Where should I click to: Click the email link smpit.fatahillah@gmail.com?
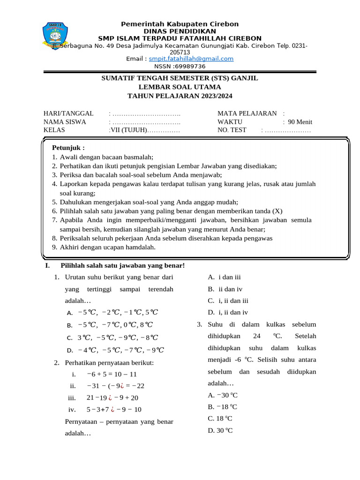(191, 59)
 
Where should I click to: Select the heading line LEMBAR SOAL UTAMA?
(180, 87)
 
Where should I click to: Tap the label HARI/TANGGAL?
(68, 113)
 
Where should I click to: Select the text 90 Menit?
(300, 122)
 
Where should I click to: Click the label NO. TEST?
(232, 130)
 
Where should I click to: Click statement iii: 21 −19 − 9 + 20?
(112, 397)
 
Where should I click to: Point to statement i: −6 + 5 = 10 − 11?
(112, 374)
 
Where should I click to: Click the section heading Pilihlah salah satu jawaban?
(123, 266)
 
